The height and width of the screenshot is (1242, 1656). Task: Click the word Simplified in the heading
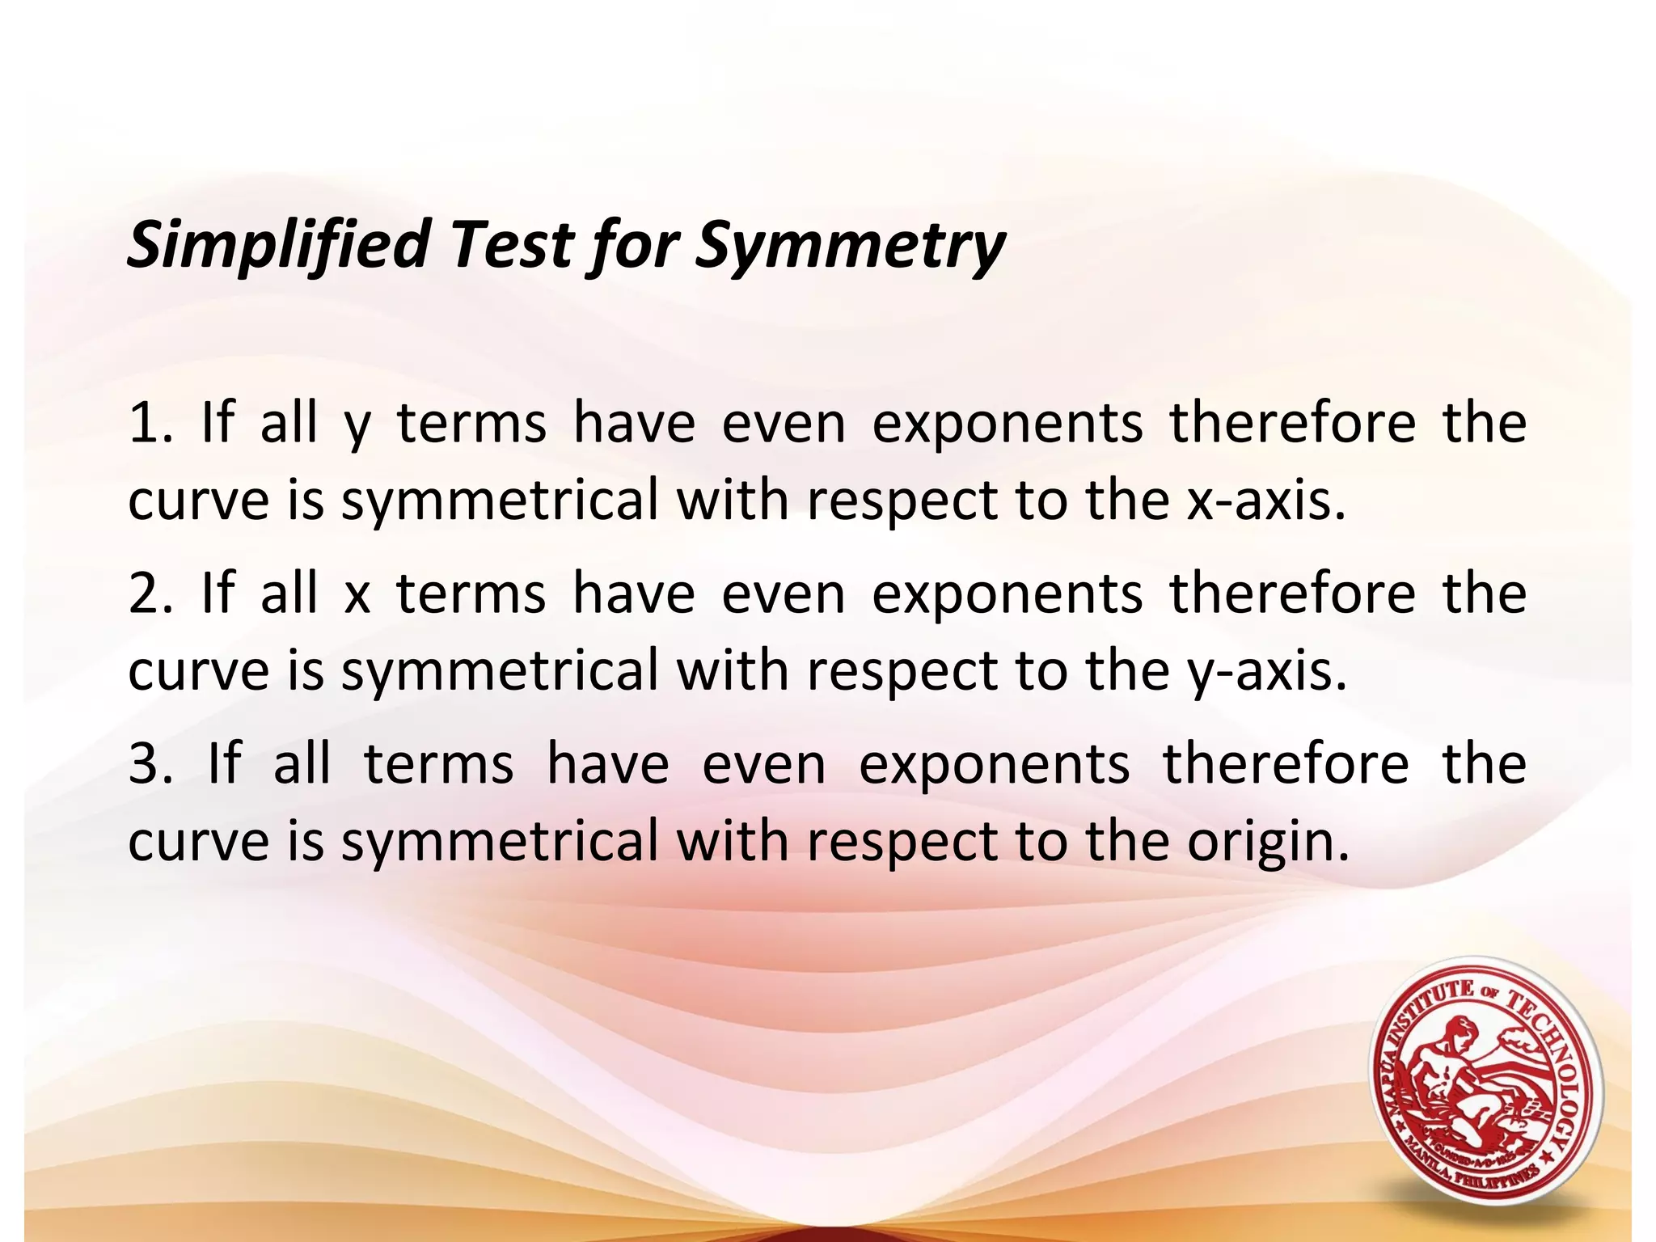pyautogui.click(x=277, y=245)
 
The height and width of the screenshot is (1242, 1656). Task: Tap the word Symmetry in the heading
pyautogui.click(x=850, y=245)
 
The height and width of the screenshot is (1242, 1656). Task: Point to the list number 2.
pyautogui.click(x=148, y=594)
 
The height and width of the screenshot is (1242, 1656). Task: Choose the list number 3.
pyautogui.click(x=148, y=764)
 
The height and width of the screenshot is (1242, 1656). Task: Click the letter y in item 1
pyautogui.click(x=356, y=429)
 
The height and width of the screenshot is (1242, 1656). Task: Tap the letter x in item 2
pyautogui.click(x=356, y=597)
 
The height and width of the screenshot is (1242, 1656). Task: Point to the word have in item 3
pyautogui.click(x=608, y=764)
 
